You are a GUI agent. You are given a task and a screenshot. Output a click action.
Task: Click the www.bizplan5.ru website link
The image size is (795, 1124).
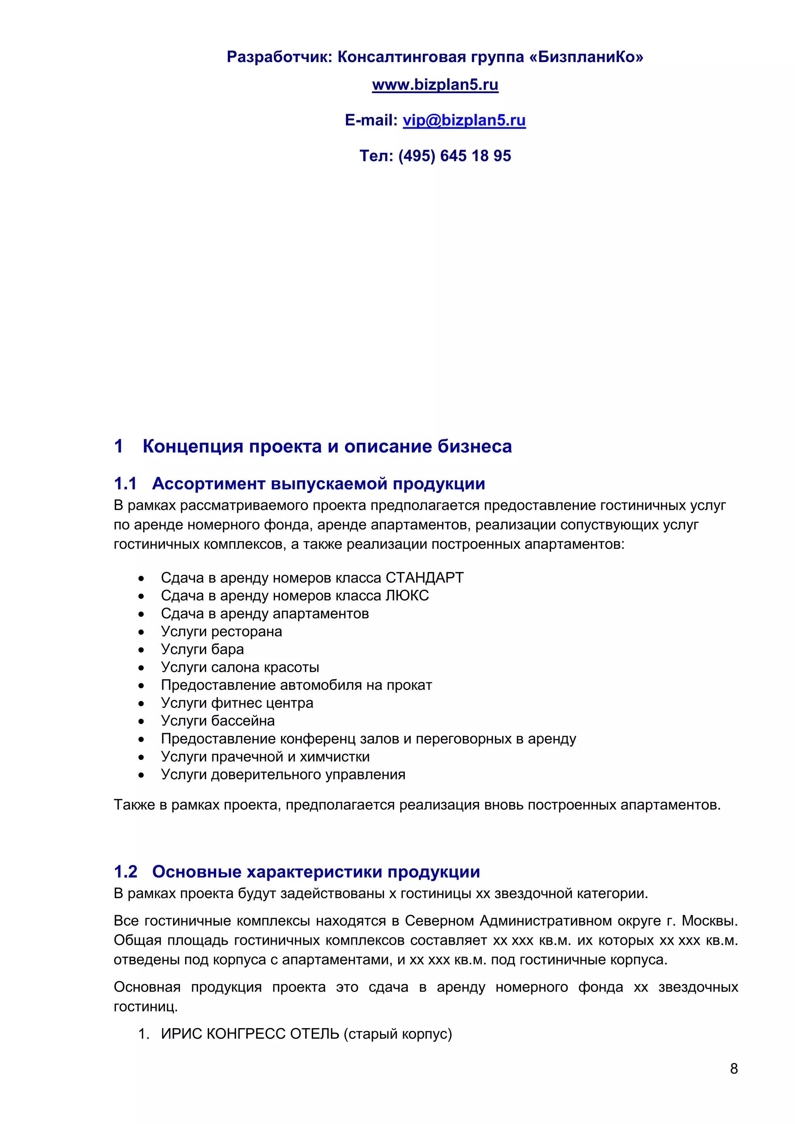coord(435,85)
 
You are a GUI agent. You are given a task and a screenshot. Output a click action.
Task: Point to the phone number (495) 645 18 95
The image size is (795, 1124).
coord(455,156)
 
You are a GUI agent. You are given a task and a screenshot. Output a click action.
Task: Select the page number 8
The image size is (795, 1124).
coord(733,1068)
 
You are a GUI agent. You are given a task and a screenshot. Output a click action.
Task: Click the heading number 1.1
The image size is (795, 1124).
coord(125,484)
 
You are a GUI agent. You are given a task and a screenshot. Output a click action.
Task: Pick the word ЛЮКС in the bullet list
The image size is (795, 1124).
coord(407,596)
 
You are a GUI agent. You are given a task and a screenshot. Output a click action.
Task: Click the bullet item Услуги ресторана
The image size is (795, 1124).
coord(221,631)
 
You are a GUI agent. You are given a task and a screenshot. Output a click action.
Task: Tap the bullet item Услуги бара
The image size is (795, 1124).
coord(202,649)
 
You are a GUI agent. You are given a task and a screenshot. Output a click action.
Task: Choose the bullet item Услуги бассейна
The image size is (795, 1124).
coord(218,721)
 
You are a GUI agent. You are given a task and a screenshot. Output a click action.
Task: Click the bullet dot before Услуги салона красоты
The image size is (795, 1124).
coord(141,668)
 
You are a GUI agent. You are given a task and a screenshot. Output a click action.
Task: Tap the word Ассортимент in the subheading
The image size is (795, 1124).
coord(208,484)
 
